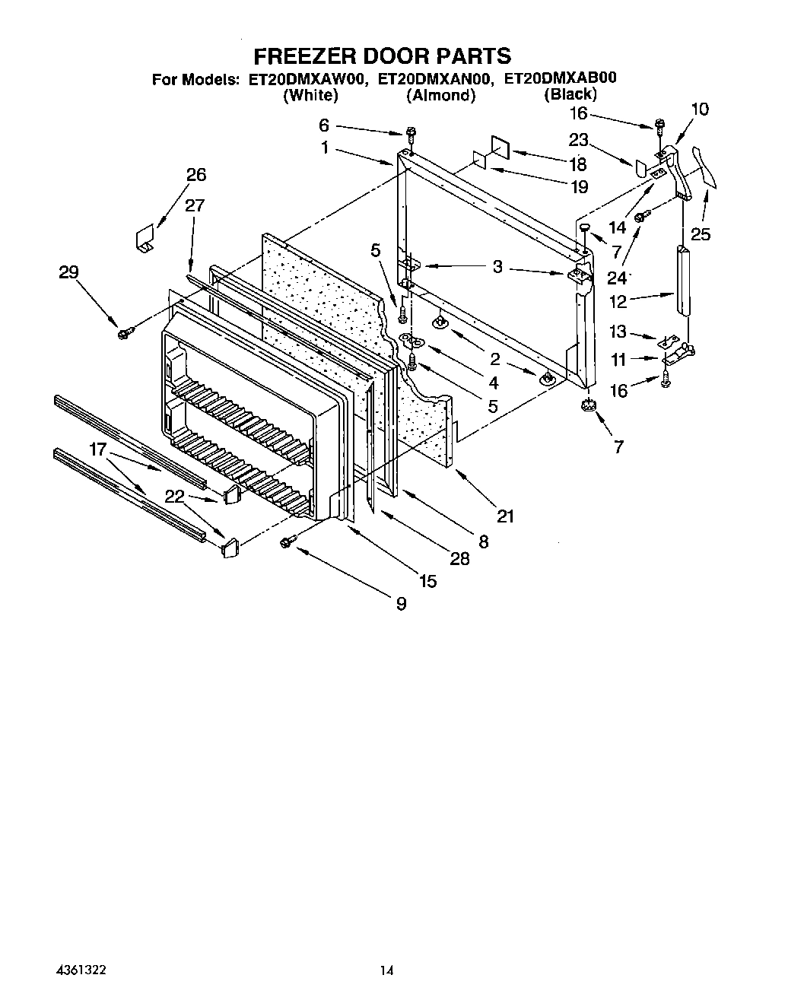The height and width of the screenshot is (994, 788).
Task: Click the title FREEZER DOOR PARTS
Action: click(381, 56)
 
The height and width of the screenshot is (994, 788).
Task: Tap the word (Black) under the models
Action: click(570, 94)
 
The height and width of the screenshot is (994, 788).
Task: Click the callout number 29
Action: click(69, 272)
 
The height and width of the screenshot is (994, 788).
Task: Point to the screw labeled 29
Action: click(125, 332)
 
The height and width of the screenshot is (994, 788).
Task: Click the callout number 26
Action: click(195, 175)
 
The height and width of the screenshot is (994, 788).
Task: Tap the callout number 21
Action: click(505, 516)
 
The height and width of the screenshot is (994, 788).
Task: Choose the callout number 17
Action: click(98, 449)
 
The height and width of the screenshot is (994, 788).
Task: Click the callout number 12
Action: click(618, 302)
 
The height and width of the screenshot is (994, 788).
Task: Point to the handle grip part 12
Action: click(682, 279)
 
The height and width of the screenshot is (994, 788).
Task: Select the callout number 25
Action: click(700, 234)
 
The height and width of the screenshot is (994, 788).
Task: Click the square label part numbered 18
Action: click(500, 148)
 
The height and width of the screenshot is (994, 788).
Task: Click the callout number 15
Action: click(427, 581)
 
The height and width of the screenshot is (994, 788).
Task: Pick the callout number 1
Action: click(325, 148)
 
